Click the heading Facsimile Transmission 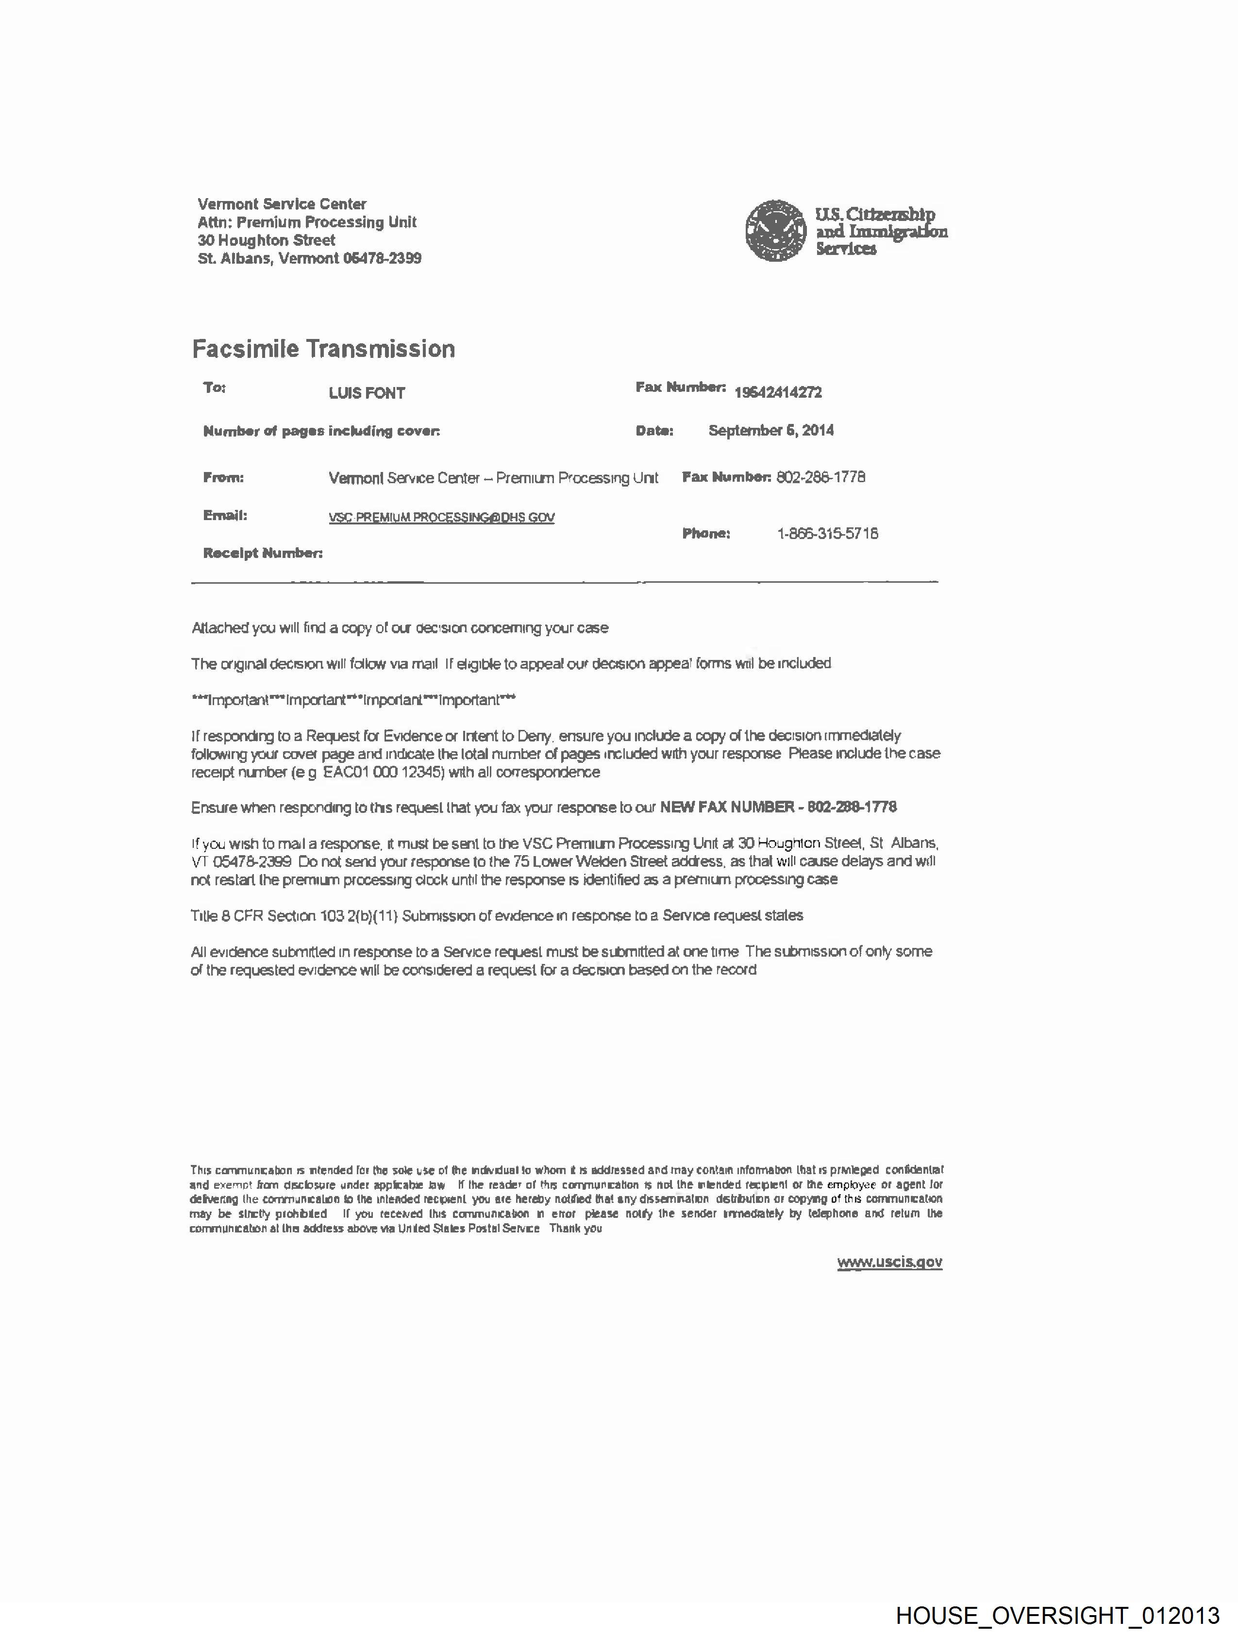coord(323,349)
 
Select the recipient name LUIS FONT coord(367,393)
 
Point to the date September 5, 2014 coord(770,430)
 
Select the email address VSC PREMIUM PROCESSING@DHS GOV coord(441,518)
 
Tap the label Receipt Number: coord(263,553)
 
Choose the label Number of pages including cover coord(322,431)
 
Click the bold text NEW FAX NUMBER coord(726,807)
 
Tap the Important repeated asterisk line coord(353,700)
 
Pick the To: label coord(215,388)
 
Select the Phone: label coord(706,533)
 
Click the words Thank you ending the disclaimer coord(575,1229)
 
